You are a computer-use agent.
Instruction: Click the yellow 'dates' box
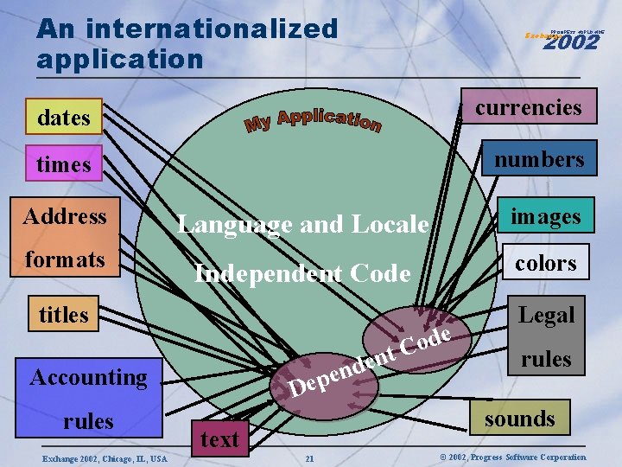tap(64, 117)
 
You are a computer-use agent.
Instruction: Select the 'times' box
tap(64, 163)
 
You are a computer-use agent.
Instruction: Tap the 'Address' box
tap(65, 215)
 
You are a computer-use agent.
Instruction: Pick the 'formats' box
tap(65, 259)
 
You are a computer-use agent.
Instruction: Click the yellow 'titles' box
tap(64, 315)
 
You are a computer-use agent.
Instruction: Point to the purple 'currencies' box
tap(528, 107)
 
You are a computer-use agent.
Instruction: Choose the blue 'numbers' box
tap(539, 159)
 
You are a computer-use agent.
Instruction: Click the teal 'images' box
tap(545, 214)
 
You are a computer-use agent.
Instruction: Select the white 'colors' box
tap(546, 263)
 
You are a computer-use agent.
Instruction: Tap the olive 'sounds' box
tap(519, 419)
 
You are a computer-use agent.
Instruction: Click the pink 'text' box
tap(219, 439)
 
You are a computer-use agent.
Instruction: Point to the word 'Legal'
tap(546, 316)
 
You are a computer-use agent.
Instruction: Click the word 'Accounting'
tap(88, 377)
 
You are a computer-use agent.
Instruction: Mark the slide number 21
tap(308, 457)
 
